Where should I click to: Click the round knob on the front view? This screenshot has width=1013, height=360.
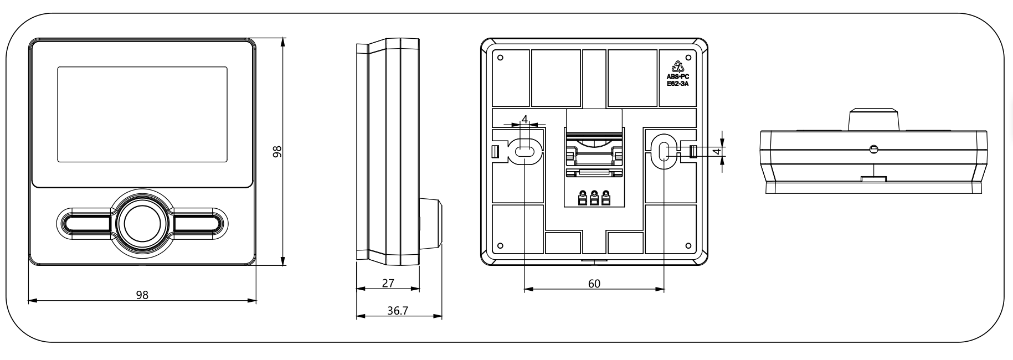click(142, 224)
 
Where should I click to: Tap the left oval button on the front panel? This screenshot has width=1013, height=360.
click(88, 224)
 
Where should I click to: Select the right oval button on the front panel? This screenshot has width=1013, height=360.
click(197, 224)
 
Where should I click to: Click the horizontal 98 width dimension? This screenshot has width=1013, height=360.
click(142, 295)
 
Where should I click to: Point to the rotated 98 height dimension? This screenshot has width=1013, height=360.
click(277, 152)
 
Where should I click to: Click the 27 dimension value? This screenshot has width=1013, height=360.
click(388, 283)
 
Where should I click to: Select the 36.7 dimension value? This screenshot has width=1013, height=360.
click(397, 311)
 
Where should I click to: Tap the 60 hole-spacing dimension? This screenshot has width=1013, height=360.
click(594, 284)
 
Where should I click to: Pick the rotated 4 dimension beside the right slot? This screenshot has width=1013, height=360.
click(716, 151)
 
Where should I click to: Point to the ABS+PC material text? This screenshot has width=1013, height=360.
click(678, 76)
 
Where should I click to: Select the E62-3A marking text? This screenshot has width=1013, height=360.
click(678, 84)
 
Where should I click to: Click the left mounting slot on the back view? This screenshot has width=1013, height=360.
click(525, 151)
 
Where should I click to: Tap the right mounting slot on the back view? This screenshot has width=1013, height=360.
click(664, 151)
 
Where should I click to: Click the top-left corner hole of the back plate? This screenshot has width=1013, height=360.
click(500, 58)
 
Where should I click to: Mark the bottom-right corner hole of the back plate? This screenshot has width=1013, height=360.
click(688, 246)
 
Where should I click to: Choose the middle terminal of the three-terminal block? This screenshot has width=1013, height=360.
click(594, 198)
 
